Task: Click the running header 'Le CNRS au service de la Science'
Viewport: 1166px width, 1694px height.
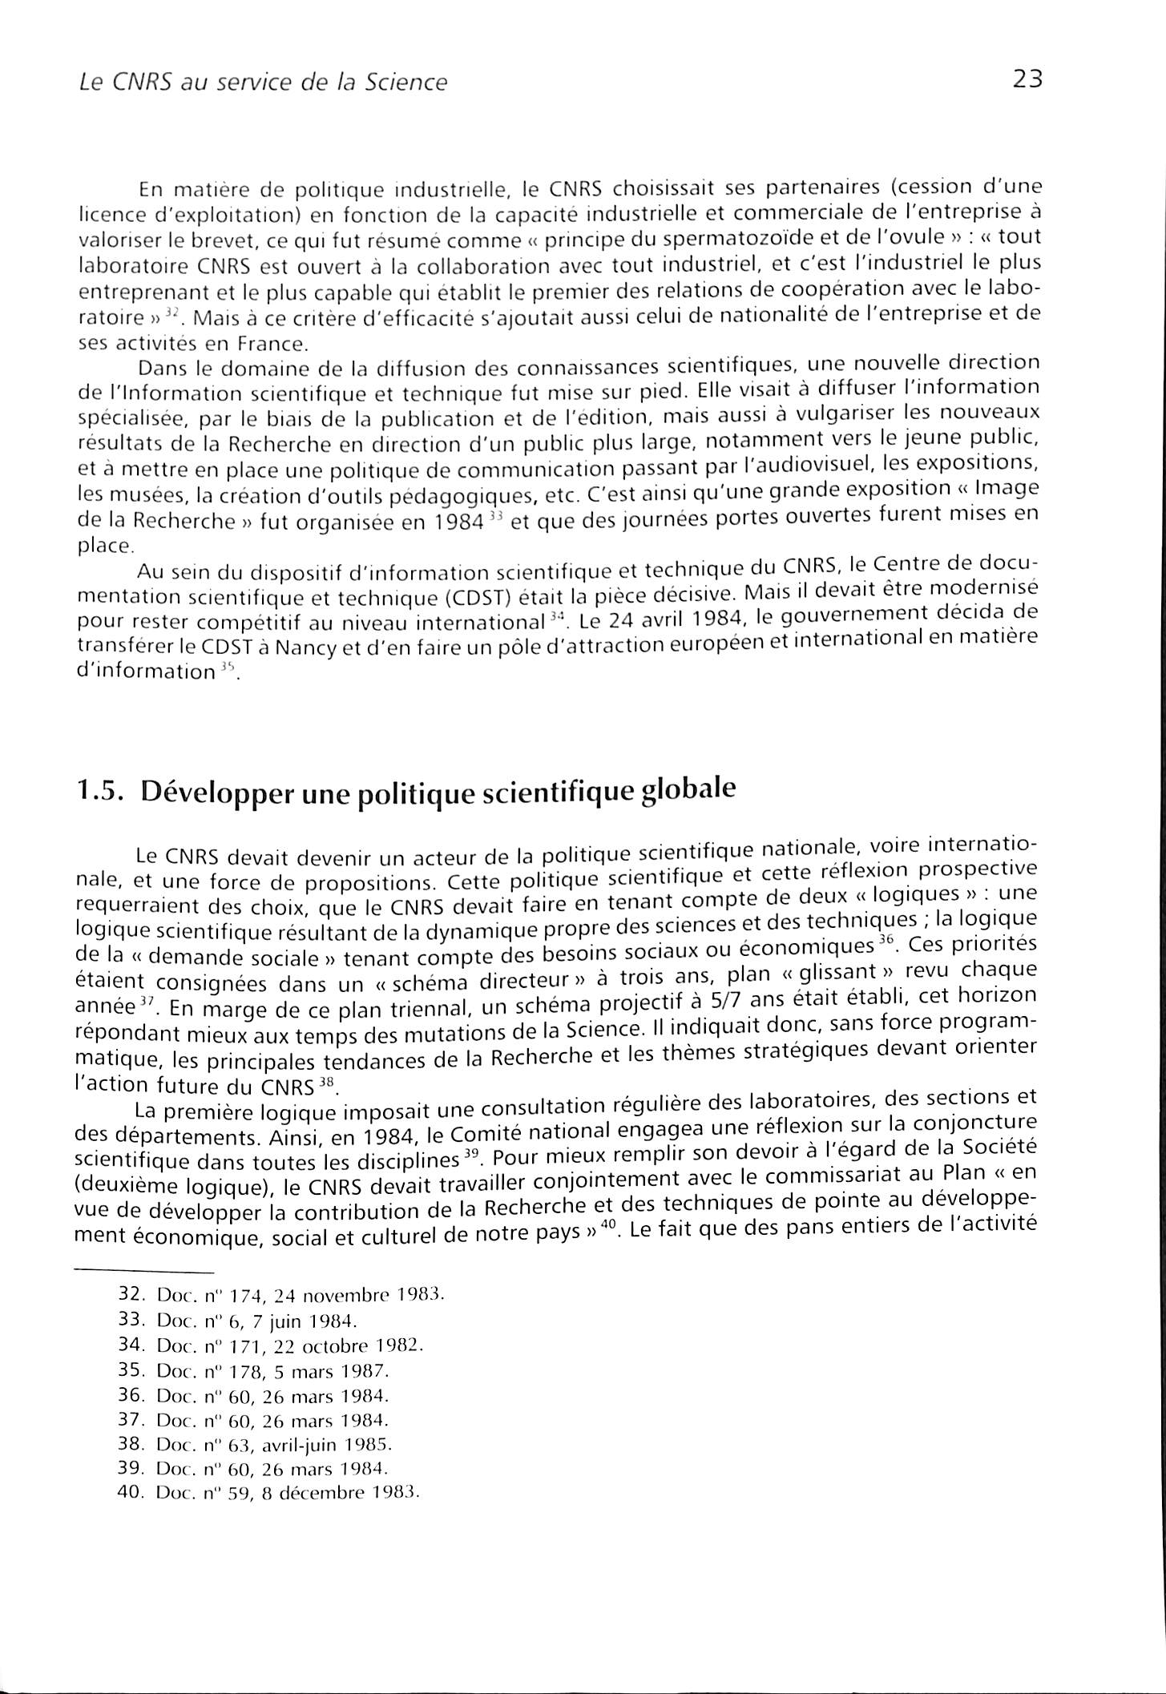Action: (258, 83)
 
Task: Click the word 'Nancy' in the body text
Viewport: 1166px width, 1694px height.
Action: (302, 647)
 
